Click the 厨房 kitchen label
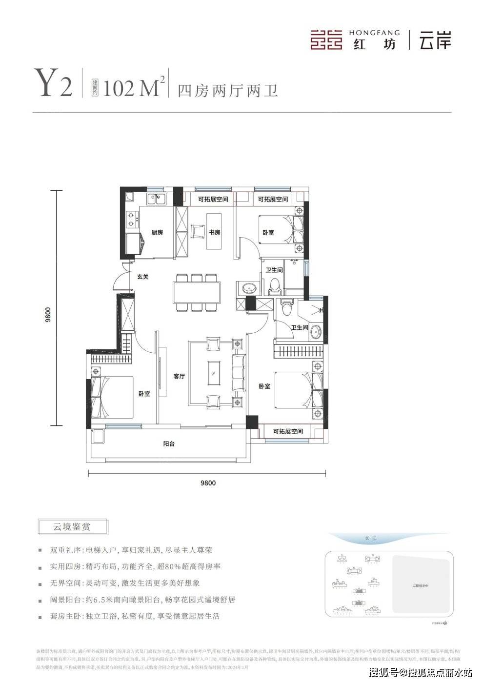pos(157,232)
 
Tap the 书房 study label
pos(215,232)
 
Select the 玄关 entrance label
pos(142,276)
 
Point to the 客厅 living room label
pos(179,376)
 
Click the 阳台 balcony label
pos(169,443)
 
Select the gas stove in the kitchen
pos(131,219)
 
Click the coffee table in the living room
pos(213,374)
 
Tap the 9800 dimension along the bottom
pos(208,483)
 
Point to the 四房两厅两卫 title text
pos(228,91)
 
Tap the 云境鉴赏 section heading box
pos(72,527)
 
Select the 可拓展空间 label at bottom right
pos(288,431)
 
